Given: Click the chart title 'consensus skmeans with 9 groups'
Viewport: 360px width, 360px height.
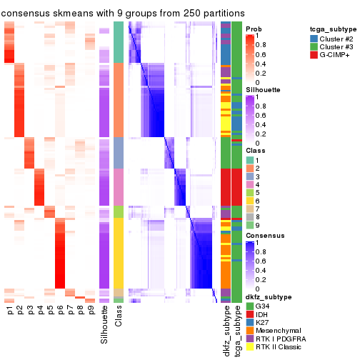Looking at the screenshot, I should pyautogui.click(x=122, y=13).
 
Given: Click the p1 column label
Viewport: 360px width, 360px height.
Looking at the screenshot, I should pyautogui.click(x=9, y=311).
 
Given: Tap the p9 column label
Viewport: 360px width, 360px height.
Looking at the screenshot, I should pyautogui.click(x=91, y=311).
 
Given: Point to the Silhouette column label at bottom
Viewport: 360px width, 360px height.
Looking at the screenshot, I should pyautogui.click(x=105, y=325).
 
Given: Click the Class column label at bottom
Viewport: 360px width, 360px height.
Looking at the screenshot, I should pyautogui.click(x=119, y=319).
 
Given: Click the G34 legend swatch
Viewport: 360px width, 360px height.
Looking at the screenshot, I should pyautogui.click(x=250, y=306).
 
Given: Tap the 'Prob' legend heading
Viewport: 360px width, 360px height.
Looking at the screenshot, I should pyautogui.click(x=254, y=29).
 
